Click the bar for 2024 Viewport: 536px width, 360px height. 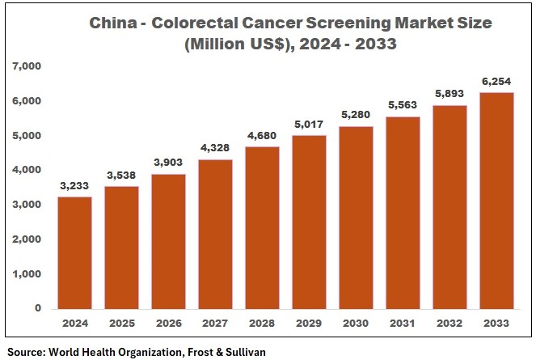(x=74, y=252)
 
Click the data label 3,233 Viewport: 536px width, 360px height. (x=74, y=186)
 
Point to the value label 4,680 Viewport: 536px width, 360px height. (x=262, y=136)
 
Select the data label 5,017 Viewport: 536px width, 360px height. (x=310, y=125)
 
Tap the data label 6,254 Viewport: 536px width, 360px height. (x=497, y=82)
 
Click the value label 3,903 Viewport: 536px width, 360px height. (x=168, y=163)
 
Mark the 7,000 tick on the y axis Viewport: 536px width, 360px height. (x=26, y=66)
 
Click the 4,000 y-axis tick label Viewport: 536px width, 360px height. (x=26, y=170)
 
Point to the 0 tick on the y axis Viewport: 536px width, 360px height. (x=37, y=308)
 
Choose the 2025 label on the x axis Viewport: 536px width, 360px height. (x=121, y=323)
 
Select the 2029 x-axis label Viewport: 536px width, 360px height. (x=310, y=323)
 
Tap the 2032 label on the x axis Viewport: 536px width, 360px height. (x=450, y=323)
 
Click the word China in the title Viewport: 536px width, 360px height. (x=113, y=24)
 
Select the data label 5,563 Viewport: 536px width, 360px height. (x=403, y=105)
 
